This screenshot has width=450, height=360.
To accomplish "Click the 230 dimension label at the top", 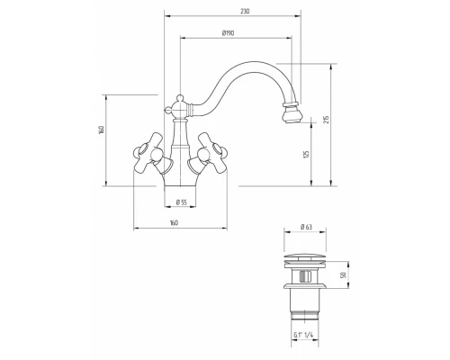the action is [x=245, y=12].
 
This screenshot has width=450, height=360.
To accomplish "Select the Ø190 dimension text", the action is [x=228, y=33].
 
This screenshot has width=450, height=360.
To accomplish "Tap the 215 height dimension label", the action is [x=327, y=120].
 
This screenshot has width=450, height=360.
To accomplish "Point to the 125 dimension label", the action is [x=306, y=155].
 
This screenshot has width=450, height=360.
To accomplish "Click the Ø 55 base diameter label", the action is [x=181, y=202].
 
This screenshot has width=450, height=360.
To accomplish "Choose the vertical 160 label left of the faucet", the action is [x=102, y=130].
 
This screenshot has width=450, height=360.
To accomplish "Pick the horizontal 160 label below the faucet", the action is [x=174, y=223].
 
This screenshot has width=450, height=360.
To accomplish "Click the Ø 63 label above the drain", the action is [x=306, y=227].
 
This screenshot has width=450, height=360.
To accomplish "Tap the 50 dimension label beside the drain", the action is [x=344, y=274].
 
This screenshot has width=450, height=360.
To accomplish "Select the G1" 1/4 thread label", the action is [x=303, y=336].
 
